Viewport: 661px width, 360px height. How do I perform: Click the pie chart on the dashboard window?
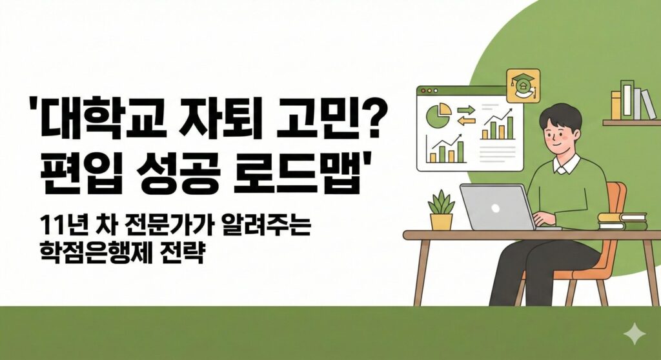point(438,115)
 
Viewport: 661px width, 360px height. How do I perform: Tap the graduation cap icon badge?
point(523,85)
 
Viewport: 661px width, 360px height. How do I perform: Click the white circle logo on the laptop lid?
point(495,208)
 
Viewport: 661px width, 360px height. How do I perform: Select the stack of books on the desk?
point(622,222)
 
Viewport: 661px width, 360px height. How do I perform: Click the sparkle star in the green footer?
point(635,334)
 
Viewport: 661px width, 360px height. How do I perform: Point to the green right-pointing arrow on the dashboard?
point(467,110)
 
